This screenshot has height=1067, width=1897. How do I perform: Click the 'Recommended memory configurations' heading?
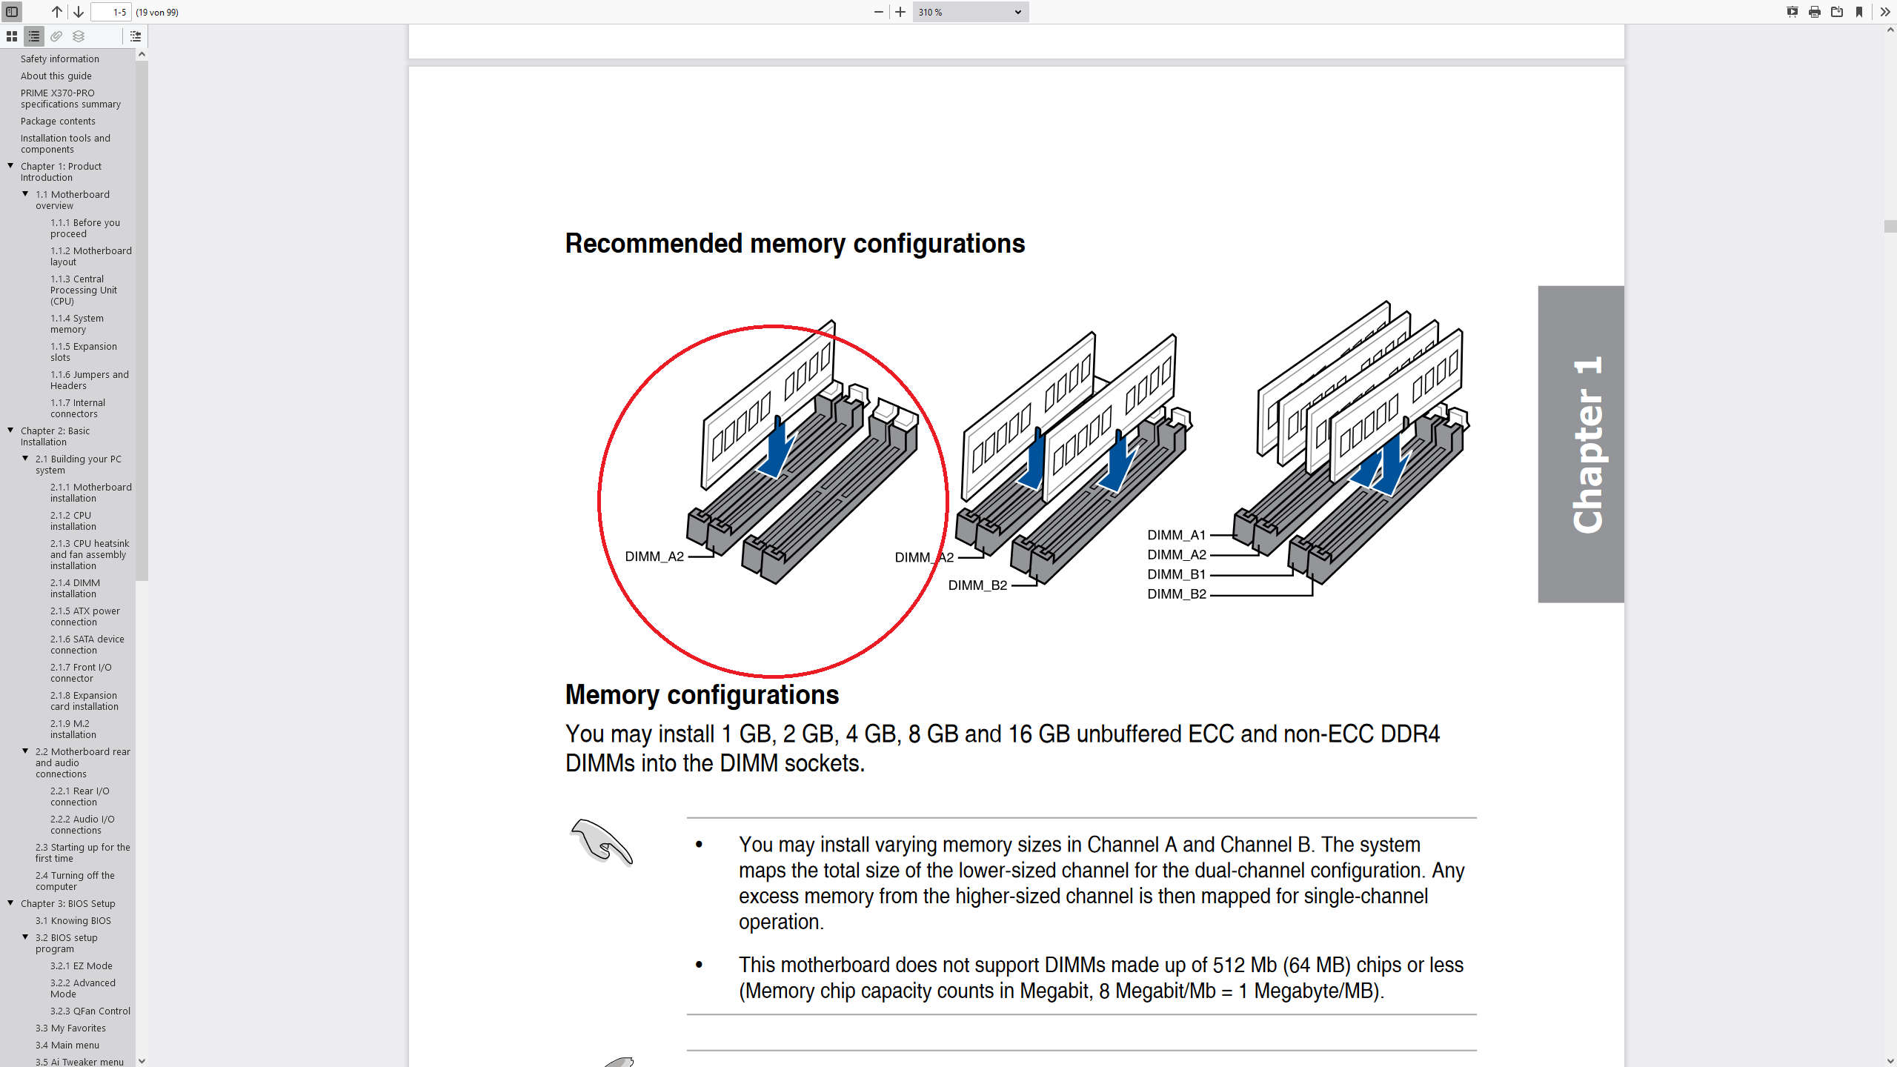794,244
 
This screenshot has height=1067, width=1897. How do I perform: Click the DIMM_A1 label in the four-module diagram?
1176,535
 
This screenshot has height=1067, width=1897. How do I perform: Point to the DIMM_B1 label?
1176,574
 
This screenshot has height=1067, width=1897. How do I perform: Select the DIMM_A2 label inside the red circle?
654,556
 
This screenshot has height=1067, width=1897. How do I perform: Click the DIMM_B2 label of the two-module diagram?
977,585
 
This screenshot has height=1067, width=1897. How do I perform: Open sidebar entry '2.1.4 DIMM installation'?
74,588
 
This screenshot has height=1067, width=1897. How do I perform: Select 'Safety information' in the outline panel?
59,59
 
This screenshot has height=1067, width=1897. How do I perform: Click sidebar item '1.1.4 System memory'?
76,324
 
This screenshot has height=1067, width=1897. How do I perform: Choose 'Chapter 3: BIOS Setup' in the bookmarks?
67,903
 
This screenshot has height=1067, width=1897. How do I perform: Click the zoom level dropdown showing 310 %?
969,12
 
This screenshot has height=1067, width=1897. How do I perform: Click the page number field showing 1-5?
111,12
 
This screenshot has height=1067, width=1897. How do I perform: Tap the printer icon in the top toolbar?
1814,12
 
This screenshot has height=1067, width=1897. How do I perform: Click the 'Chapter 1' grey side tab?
1581,444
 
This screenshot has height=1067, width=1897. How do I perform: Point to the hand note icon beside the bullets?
602,841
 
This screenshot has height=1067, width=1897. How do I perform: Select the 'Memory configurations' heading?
702,695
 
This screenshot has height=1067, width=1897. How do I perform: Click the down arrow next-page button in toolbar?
79,12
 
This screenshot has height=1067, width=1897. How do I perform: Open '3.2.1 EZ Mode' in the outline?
81,965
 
